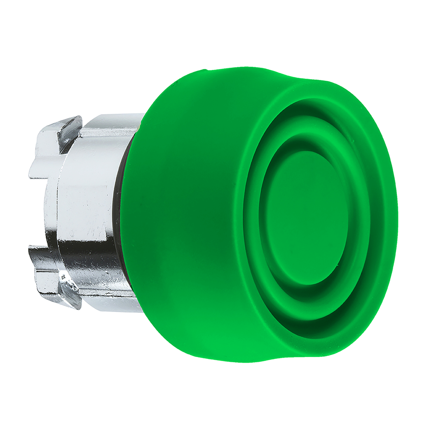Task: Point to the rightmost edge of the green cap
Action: click(x=397, y=218)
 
